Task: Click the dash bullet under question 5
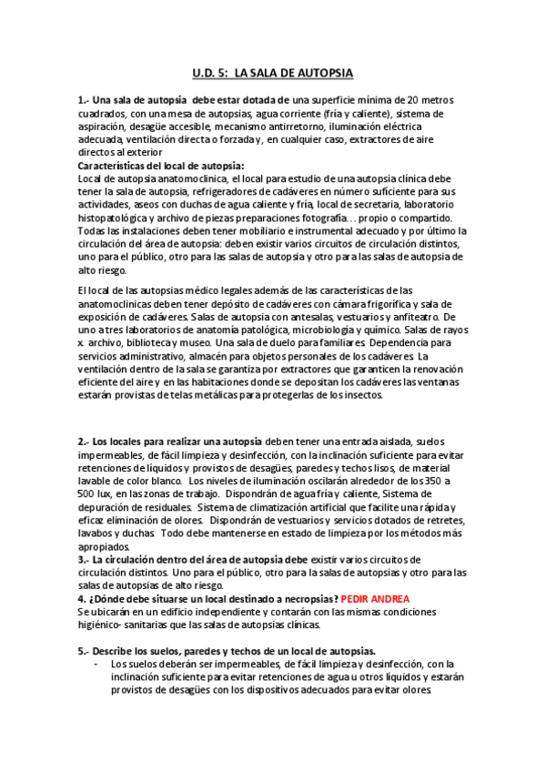click(96, 664)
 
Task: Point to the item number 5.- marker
click(84, 651)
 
